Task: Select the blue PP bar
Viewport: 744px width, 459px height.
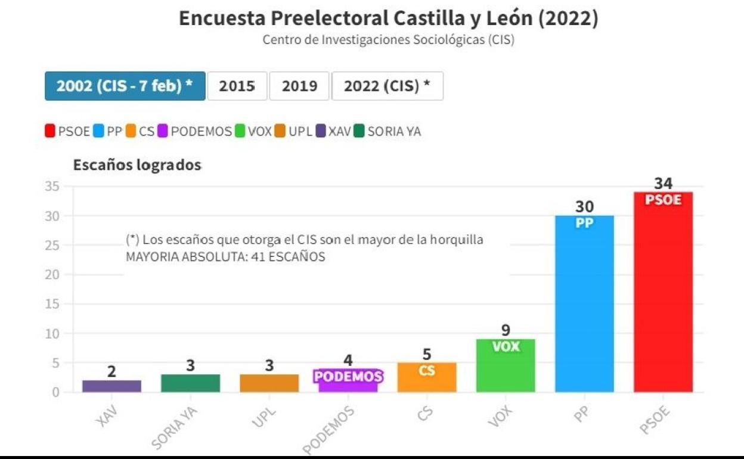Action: coord(584,307)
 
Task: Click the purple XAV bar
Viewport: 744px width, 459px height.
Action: coord(111,386)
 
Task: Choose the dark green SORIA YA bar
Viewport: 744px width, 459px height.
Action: coord(190,383)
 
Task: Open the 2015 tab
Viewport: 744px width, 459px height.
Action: coord(237,86)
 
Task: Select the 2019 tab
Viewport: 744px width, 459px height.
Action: coord(299,86)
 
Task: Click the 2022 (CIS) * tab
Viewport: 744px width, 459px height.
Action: coord(387,86)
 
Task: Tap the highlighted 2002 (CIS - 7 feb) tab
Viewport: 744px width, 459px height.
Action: coord(125,86)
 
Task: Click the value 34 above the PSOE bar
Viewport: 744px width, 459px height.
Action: coord(663,183)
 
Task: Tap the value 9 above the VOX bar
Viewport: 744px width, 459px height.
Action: coord(506,330)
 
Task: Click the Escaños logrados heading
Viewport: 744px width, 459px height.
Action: coord(137,165)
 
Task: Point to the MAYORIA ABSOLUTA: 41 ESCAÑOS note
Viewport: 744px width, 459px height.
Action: coord(225,257)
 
